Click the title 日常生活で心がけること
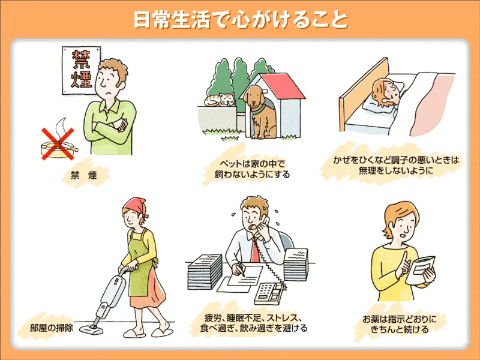(x=241, y=20)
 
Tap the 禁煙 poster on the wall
(x=80, y=70)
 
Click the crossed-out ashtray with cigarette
(x=59, y=144)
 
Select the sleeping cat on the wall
(x=220, y=99)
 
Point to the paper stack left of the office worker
(x=205, y=272)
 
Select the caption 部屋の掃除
(x=52, y=328)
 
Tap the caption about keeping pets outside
(x=252, y=169)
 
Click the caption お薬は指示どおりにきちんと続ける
(x=399, y=324)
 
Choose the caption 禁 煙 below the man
(x=83, y=175)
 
